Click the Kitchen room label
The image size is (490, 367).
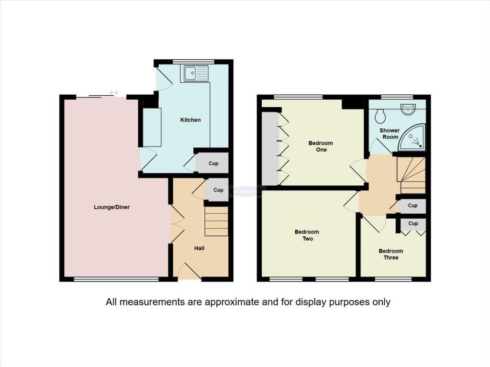coord(190,120)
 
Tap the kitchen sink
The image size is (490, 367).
coord(195,74)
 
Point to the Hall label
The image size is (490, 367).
coord(200,248)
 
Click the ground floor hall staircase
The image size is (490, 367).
coord(216,221)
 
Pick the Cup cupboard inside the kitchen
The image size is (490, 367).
coord(213,164)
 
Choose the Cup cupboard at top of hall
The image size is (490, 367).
coord(218,190)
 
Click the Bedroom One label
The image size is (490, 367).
coord(321,146)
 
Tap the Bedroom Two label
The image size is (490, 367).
coord(307,235)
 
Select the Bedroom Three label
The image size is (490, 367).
coord(391,254)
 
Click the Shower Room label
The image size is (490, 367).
coord(390,133)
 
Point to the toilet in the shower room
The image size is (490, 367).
coord(381,115)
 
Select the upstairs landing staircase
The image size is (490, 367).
coord(411,175)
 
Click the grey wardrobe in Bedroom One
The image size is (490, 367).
coord(270,148)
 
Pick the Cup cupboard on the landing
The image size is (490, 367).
coord(412,206)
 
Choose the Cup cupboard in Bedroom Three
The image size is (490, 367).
coord(413,223)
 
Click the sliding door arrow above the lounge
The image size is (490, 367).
coord(113,92)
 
